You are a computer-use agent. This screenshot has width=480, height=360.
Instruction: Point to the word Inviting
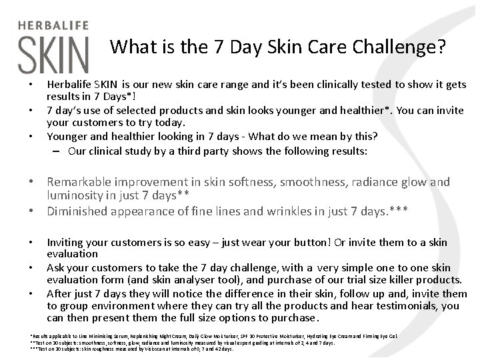pyautogui.click(x=67, y=243)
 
